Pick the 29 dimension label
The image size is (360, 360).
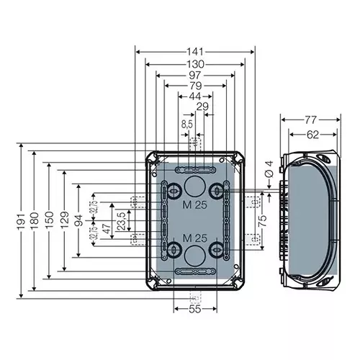(x=203, y=107)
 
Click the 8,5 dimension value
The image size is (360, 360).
(x=186, y=125)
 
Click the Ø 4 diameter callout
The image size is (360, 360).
(x=267, y=169)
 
